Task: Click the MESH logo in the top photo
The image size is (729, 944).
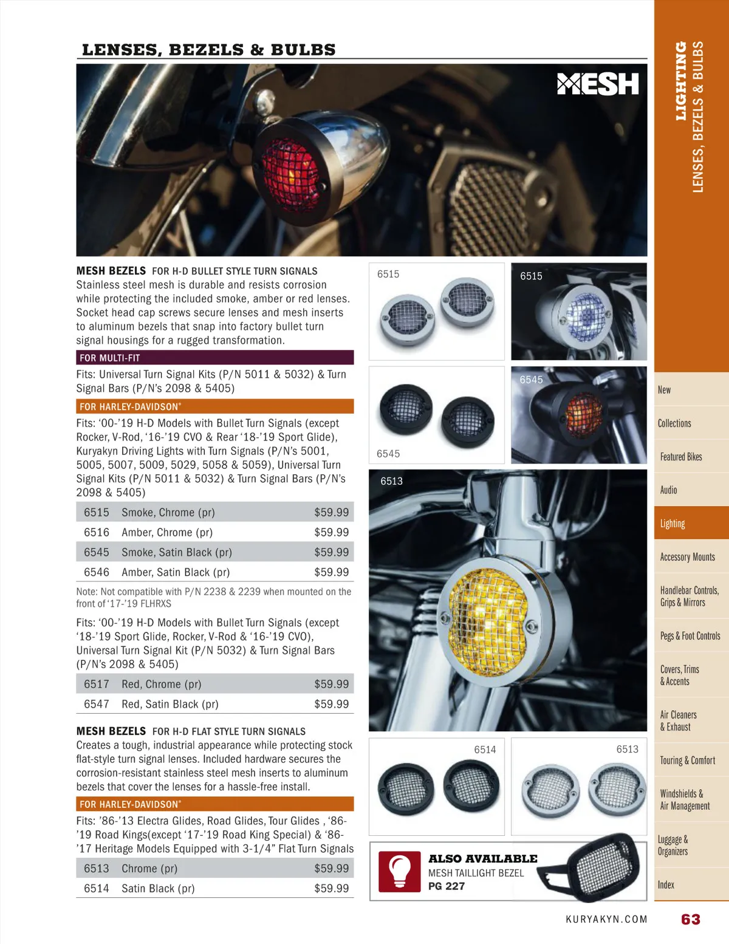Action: [x=598, y=84]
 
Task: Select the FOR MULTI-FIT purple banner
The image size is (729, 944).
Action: [x=214, y=358]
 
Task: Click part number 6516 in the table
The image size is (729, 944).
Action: [x=97, y=532]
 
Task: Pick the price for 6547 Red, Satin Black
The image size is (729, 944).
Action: [x=331, y=704]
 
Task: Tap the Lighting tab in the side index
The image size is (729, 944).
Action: [x=673, y=524]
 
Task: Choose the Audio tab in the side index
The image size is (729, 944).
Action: [x=668, y=490]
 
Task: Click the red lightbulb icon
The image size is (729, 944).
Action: [x=400, y=871]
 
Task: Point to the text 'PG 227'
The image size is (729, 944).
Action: [x=447, y=886]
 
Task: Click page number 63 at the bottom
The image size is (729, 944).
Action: [x=691, y=919]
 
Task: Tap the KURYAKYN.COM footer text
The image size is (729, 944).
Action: [x=606, y=919]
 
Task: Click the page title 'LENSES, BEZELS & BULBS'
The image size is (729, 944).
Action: [x=208, y=50]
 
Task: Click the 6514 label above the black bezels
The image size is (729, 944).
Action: [x=485, y=750]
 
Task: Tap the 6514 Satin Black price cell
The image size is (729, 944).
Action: [x=331, y=888]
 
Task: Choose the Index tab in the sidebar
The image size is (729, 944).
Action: [x=666, y=885]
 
